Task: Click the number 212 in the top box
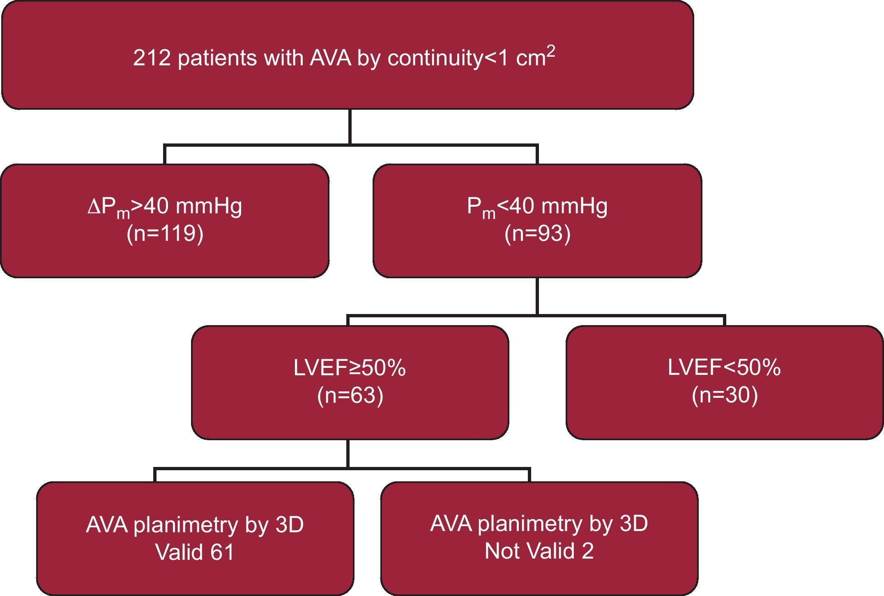151,58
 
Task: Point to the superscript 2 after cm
550,51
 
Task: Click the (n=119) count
165,233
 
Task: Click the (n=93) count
537,233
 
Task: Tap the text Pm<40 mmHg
537,206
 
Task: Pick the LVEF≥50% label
350,367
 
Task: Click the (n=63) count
350,395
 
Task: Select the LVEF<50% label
724,367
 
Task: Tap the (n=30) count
725,395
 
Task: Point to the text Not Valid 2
539,551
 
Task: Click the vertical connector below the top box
350,127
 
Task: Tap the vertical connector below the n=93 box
537,296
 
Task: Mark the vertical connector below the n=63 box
348,453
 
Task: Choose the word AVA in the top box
331,58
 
